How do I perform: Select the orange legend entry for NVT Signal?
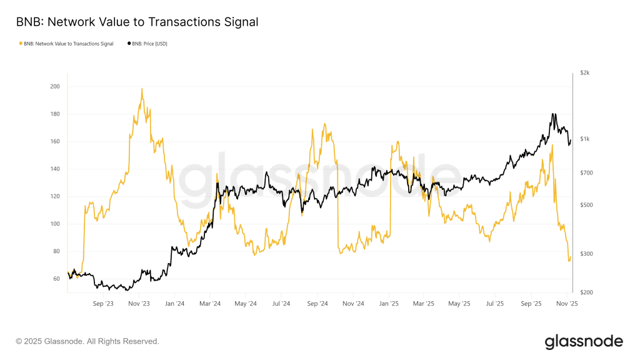coord(67,44)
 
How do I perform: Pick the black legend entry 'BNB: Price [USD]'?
coord(148,44)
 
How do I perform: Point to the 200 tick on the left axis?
coord(54,86)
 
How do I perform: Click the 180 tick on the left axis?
coord(54,114)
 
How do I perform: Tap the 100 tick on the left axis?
coord(54,224)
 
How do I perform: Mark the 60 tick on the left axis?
coord(56,279)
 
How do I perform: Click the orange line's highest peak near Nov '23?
coord(142,89)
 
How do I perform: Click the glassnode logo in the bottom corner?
coord(584,341)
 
